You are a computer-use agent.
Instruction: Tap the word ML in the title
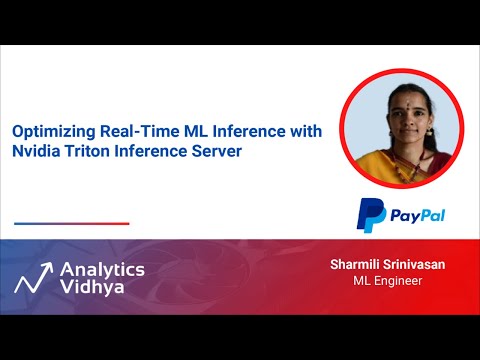coord(176,130)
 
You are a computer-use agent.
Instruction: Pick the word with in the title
coord(276,130)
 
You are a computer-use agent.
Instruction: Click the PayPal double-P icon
coord(371,215)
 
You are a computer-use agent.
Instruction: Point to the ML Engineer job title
coord(388,281)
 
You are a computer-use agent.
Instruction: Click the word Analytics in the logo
coord(102,269)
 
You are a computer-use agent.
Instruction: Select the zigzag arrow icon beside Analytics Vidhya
coord(32,277)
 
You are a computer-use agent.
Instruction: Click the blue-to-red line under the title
coord(72,223)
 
